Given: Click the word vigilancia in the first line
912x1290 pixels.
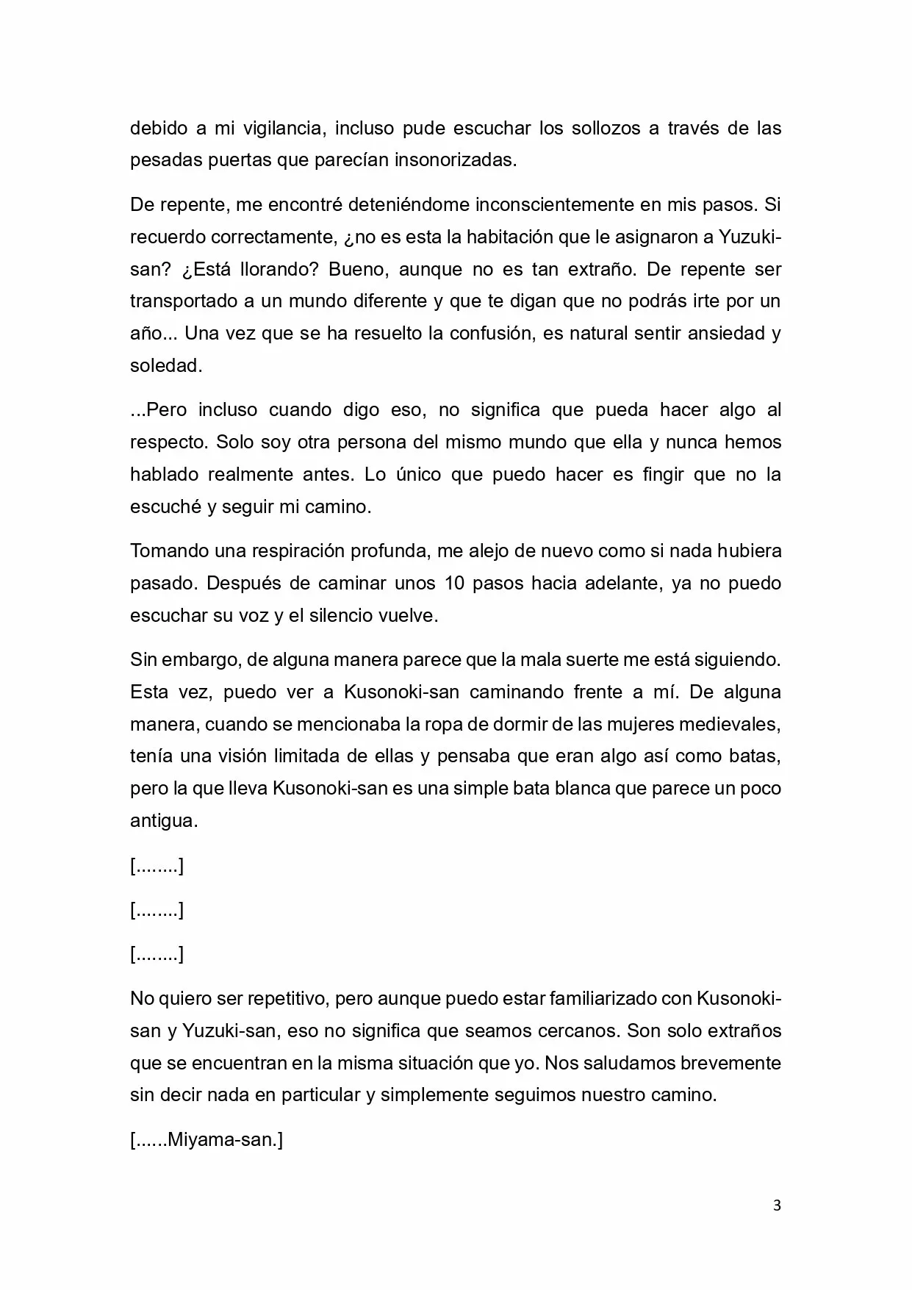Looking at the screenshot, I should pyautogui.click(x=279, y=128).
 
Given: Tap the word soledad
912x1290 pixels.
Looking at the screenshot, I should pyautogui.click(x=165, y=366).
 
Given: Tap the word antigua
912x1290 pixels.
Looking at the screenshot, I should pyautogui.click(x=163, y=821).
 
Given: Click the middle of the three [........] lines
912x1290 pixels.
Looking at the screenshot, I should pyautogui.click(x=157, y=911).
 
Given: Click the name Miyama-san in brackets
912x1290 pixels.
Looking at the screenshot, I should pyautogui.click(x=221, y=1140).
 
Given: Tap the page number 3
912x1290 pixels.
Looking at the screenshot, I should pyautogui.click(x=778, y=1206).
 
